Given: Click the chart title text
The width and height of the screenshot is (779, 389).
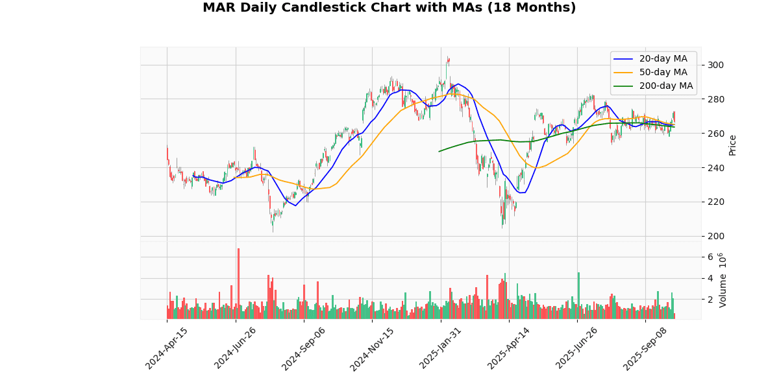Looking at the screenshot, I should [389, 8].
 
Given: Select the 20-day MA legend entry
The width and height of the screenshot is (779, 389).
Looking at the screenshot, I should [663, 59].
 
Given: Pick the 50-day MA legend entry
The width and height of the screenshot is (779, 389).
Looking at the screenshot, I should [663, 72].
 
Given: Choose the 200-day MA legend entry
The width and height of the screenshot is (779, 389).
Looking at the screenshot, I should [665, 86].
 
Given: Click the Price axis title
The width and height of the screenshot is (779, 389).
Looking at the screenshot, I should [732, 145].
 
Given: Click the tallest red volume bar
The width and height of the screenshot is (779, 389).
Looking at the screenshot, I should [238, 283].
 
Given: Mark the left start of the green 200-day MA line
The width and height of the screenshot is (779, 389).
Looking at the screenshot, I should [439, 152].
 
